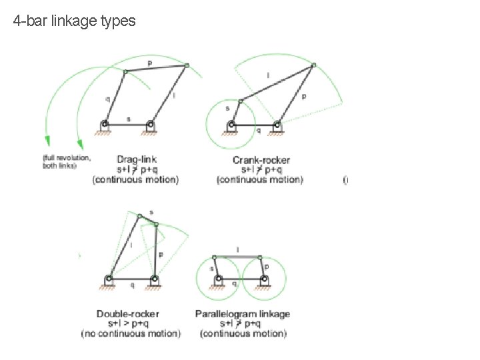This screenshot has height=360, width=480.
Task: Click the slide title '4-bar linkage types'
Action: pos(74,21)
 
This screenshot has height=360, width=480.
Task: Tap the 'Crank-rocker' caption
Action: pos(259,160)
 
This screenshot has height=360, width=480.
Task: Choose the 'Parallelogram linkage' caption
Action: pos(243,313)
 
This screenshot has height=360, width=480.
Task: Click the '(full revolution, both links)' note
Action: pos(66,162)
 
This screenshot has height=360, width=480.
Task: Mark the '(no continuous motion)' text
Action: pos(131,333)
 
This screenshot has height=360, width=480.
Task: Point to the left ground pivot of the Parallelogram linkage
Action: pos(217,279)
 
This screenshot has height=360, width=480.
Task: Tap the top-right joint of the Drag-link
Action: pos(187,65)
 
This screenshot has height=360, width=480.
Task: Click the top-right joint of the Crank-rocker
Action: pos(314,64)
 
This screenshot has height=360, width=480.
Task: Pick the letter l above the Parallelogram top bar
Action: pos(238,250)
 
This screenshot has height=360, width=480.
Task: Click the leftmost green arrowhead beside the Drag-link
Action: pos(47,140)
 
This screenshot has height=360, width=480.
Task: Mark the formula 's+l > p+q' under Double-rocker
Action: pos(131,323)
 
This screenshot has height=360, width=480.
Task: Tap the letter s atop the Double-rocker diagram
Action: pos(151,212)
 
